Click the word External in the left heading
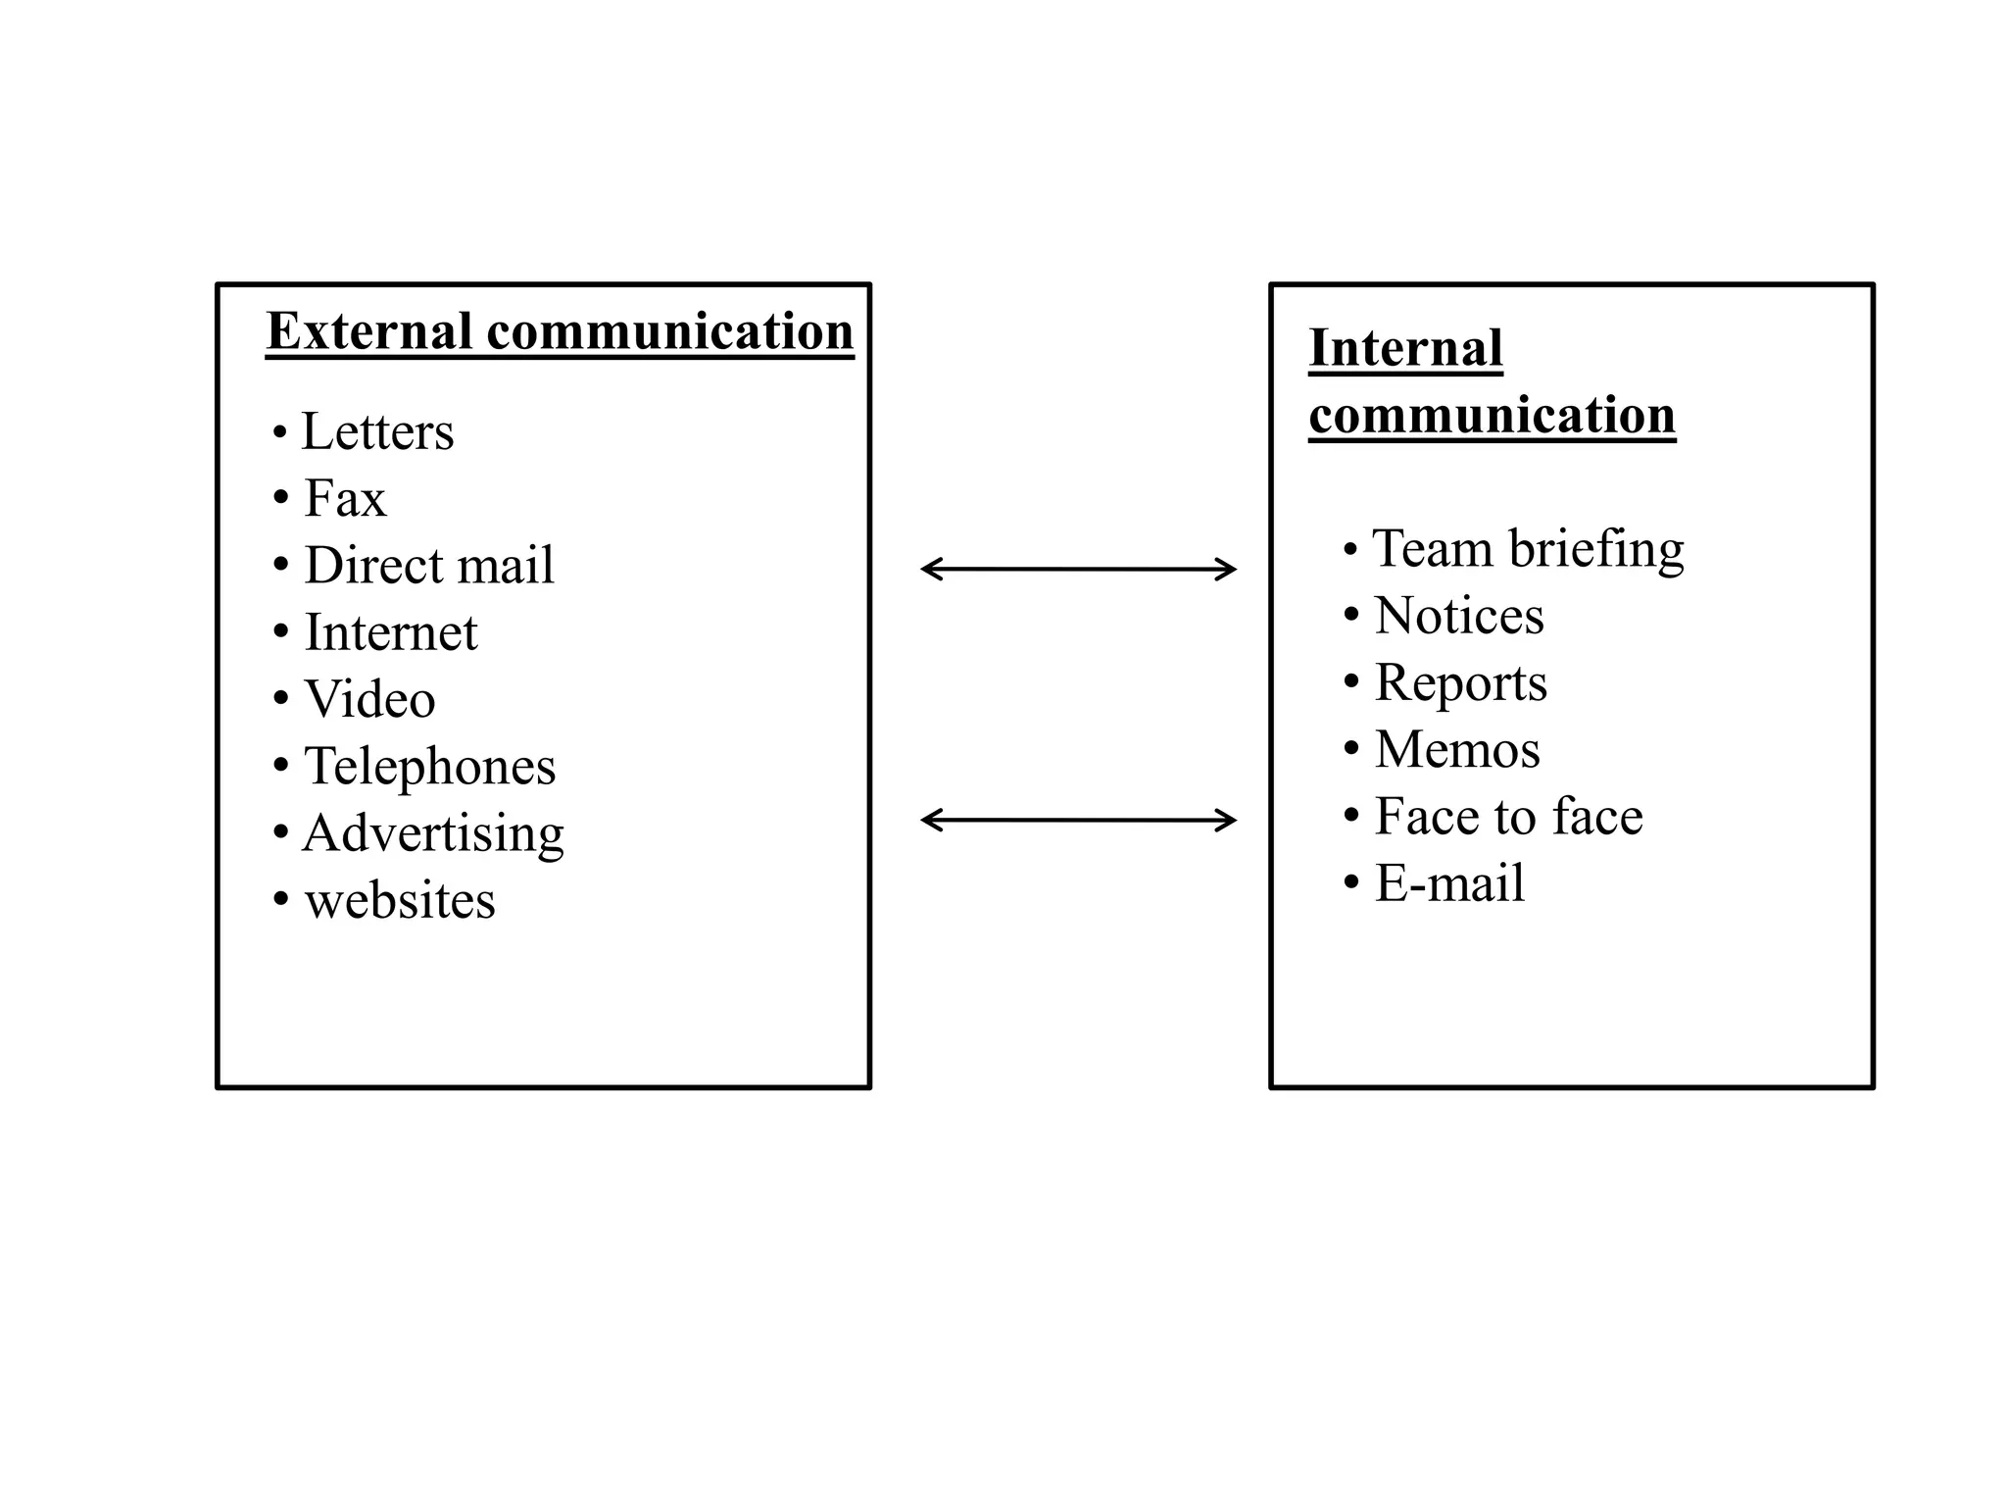[369, 331]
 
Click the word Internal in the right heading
[1405, 349]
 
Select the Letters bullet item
[377, 431]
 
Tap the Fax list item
[345, 498]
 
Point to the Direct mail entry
[429, 566]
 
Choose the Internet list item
[391, 632]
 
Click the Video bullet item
[369, 699]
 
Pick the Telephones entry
[429, 766]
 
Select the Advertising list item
[433, 833]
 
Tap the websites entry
[400, 900]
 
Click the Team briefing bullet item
[1528, 549]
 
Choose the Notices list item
[1459, 616]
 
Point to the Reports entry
[1461, 682]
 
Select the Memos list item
[1457, 749]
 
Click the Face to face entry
[1508, 816]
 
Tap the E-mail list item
[1449, 882]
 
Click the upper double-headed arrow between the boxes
[1078, 569]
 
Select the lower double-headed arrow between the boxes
[1078, 820]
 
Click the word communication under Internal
[1492, 416]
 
